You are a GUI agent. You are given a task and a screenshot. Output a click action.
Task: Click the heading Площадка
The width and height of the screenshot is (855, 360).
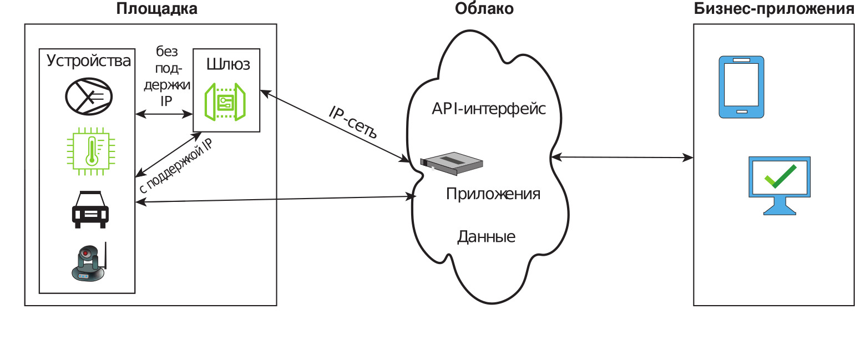point(157,9)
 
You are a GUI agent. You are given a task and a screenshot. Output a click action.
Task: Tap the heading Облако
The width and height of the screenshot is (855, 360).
point(484,9)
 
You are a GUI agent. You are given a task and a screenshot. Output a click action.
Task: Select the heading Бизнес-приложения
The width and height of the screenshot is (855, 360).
point(774,9)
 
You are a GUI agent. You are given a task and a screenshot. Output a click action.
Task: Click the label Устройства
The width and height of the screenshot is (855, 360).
point(89,60)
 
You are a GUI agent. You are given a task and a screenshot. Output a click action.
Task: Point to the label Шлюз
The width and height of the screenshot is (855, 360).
point(228,64)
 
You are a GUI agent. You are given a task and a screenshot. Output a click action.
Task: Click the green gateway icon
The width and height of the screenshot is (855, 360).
point(225,102)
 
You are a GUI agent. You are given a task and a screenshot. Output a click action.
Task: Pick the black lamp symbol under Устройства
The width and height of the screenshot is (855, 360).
point(89,96)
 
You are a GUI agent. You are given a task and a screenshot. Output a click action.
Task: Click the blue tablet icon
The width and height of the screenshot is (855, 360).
point(741,87)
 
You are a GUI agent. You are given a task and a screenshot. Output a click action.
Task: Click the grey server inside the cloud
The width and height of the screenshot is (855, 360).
point(451,162)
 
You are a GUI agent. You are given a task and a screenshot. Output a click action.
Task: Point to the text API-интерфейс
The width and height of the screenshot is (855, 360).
point(489,109)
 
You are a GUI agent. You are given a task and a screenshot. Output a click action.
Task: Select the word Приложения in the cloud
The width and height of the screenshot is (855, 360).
point(493,194)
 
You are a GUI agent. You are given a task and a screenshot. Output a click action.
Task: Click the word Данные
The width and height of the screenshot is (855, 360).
point(486,237)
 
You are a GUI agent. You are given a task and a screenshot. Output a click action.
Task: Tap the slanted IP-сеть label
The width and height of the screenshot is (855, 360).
point(353,121)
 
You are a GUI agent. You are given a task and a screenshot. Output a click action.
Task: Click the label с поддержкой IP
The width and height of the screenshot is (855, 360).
point(175,165)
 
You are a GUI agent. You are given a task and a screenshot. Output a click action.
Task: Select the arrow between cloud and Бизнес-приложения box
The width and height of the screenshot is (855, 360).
point(623,158)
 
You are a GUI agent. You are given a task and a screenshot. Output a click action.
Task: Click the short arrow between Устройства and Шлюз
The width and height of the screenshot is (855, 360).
point(164,114)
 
